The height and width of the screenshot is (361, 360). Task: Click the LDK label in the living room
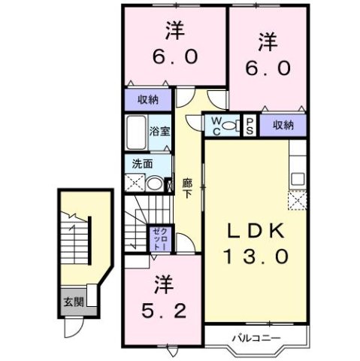(x=253, y=231)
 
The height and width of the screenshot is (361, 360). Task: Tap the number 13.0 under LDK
(x=253, y=256)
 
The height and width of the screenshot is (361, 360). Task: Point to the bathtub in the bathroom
(x=135, y=134)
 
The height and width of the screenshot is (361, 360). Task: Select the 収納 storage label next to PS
(x=283, y=125)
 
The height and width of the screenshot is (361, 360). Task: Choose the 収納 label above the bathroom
(x=147, y=99)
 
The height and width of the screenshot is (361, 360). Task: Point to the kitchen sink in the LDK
(x=298, y=179)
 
